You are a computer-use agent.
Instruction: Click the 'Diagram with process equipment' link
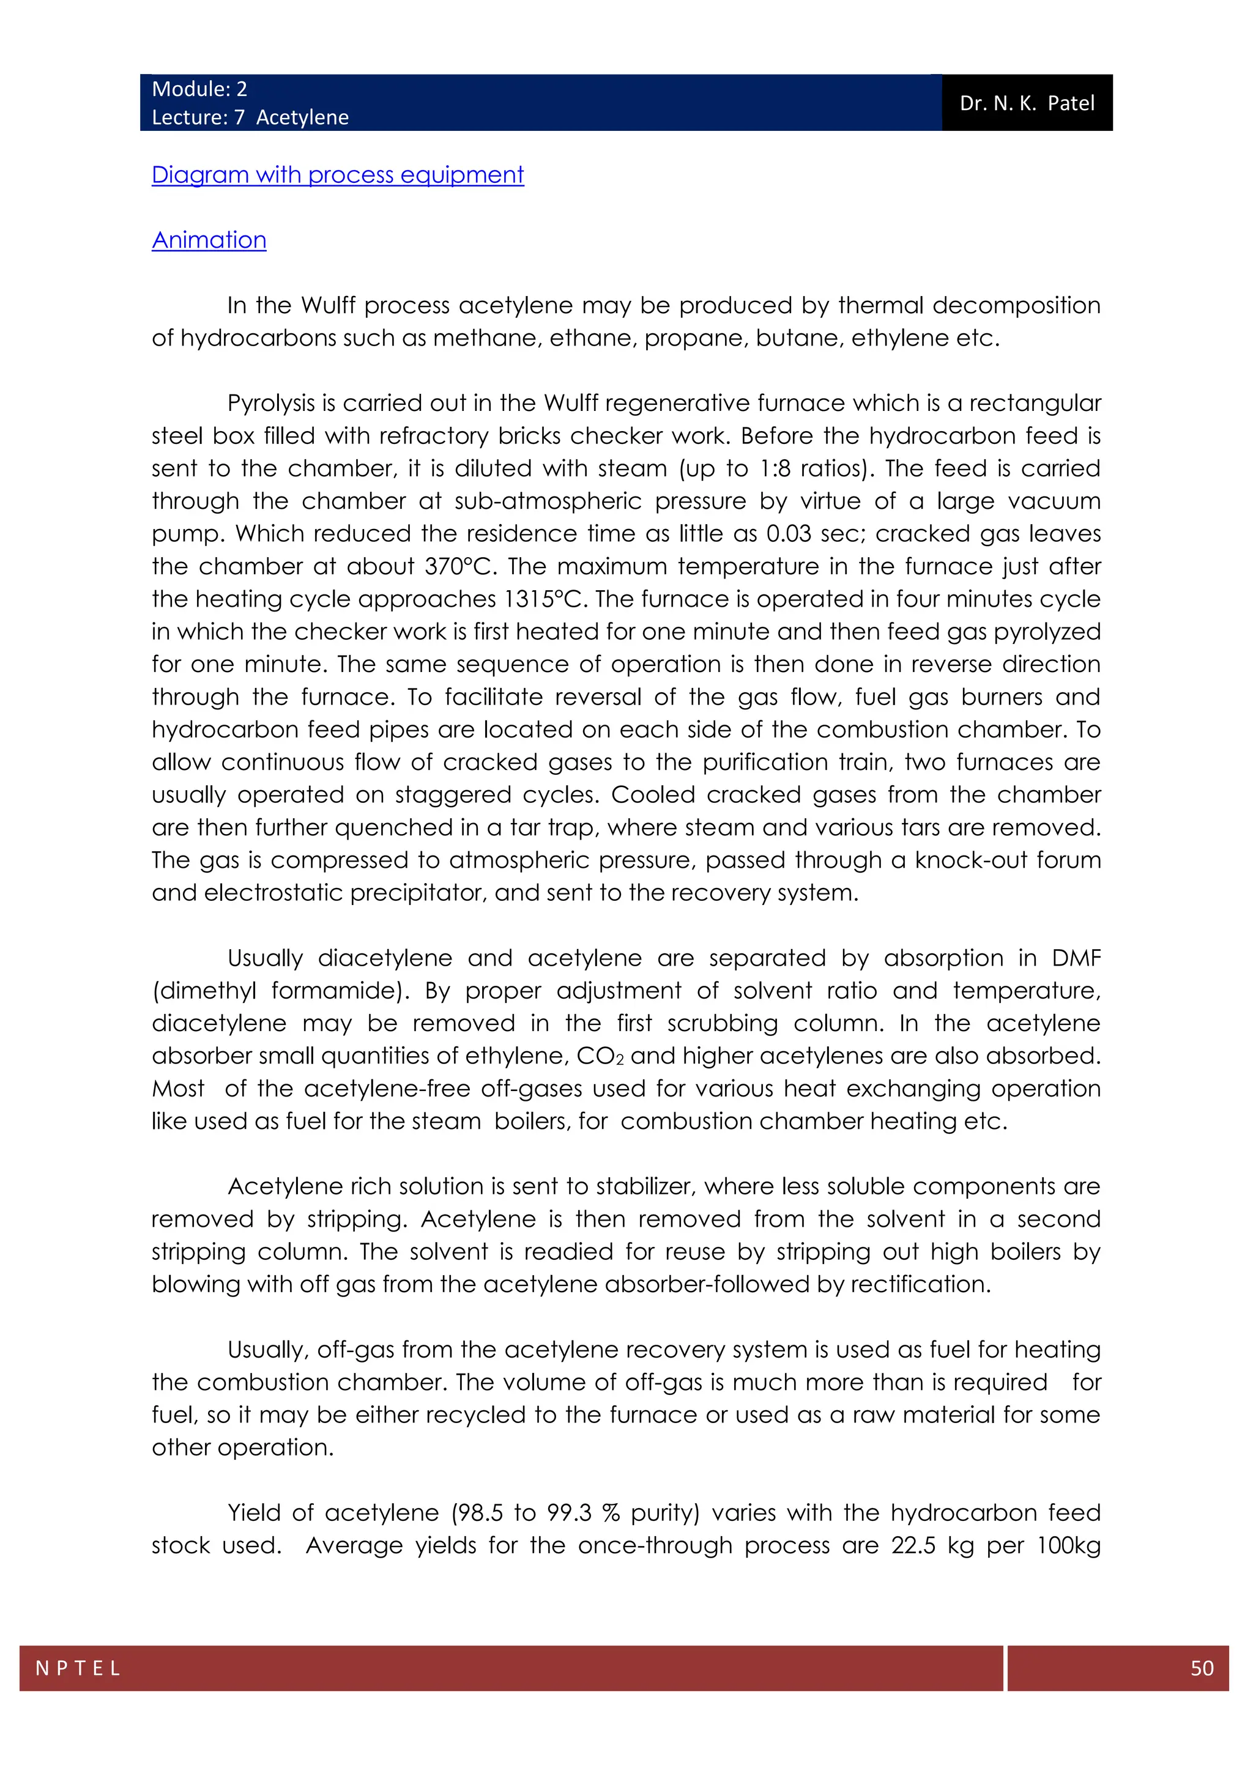pyautogui.click(x=337, y=175)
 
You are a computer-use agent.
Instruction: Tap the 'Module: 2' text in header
pyautogui.click(x=199, y=89)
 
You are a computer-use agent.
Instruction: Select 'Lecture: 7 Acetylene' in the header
pyautogui.click(x=250, y=117)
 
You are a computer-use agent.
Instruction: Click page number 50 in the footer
pyautogui.click(x=1202, y=1668)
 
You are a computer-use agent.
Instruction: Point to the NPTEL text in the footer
pyautogui.click(x=78, y=1668)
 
